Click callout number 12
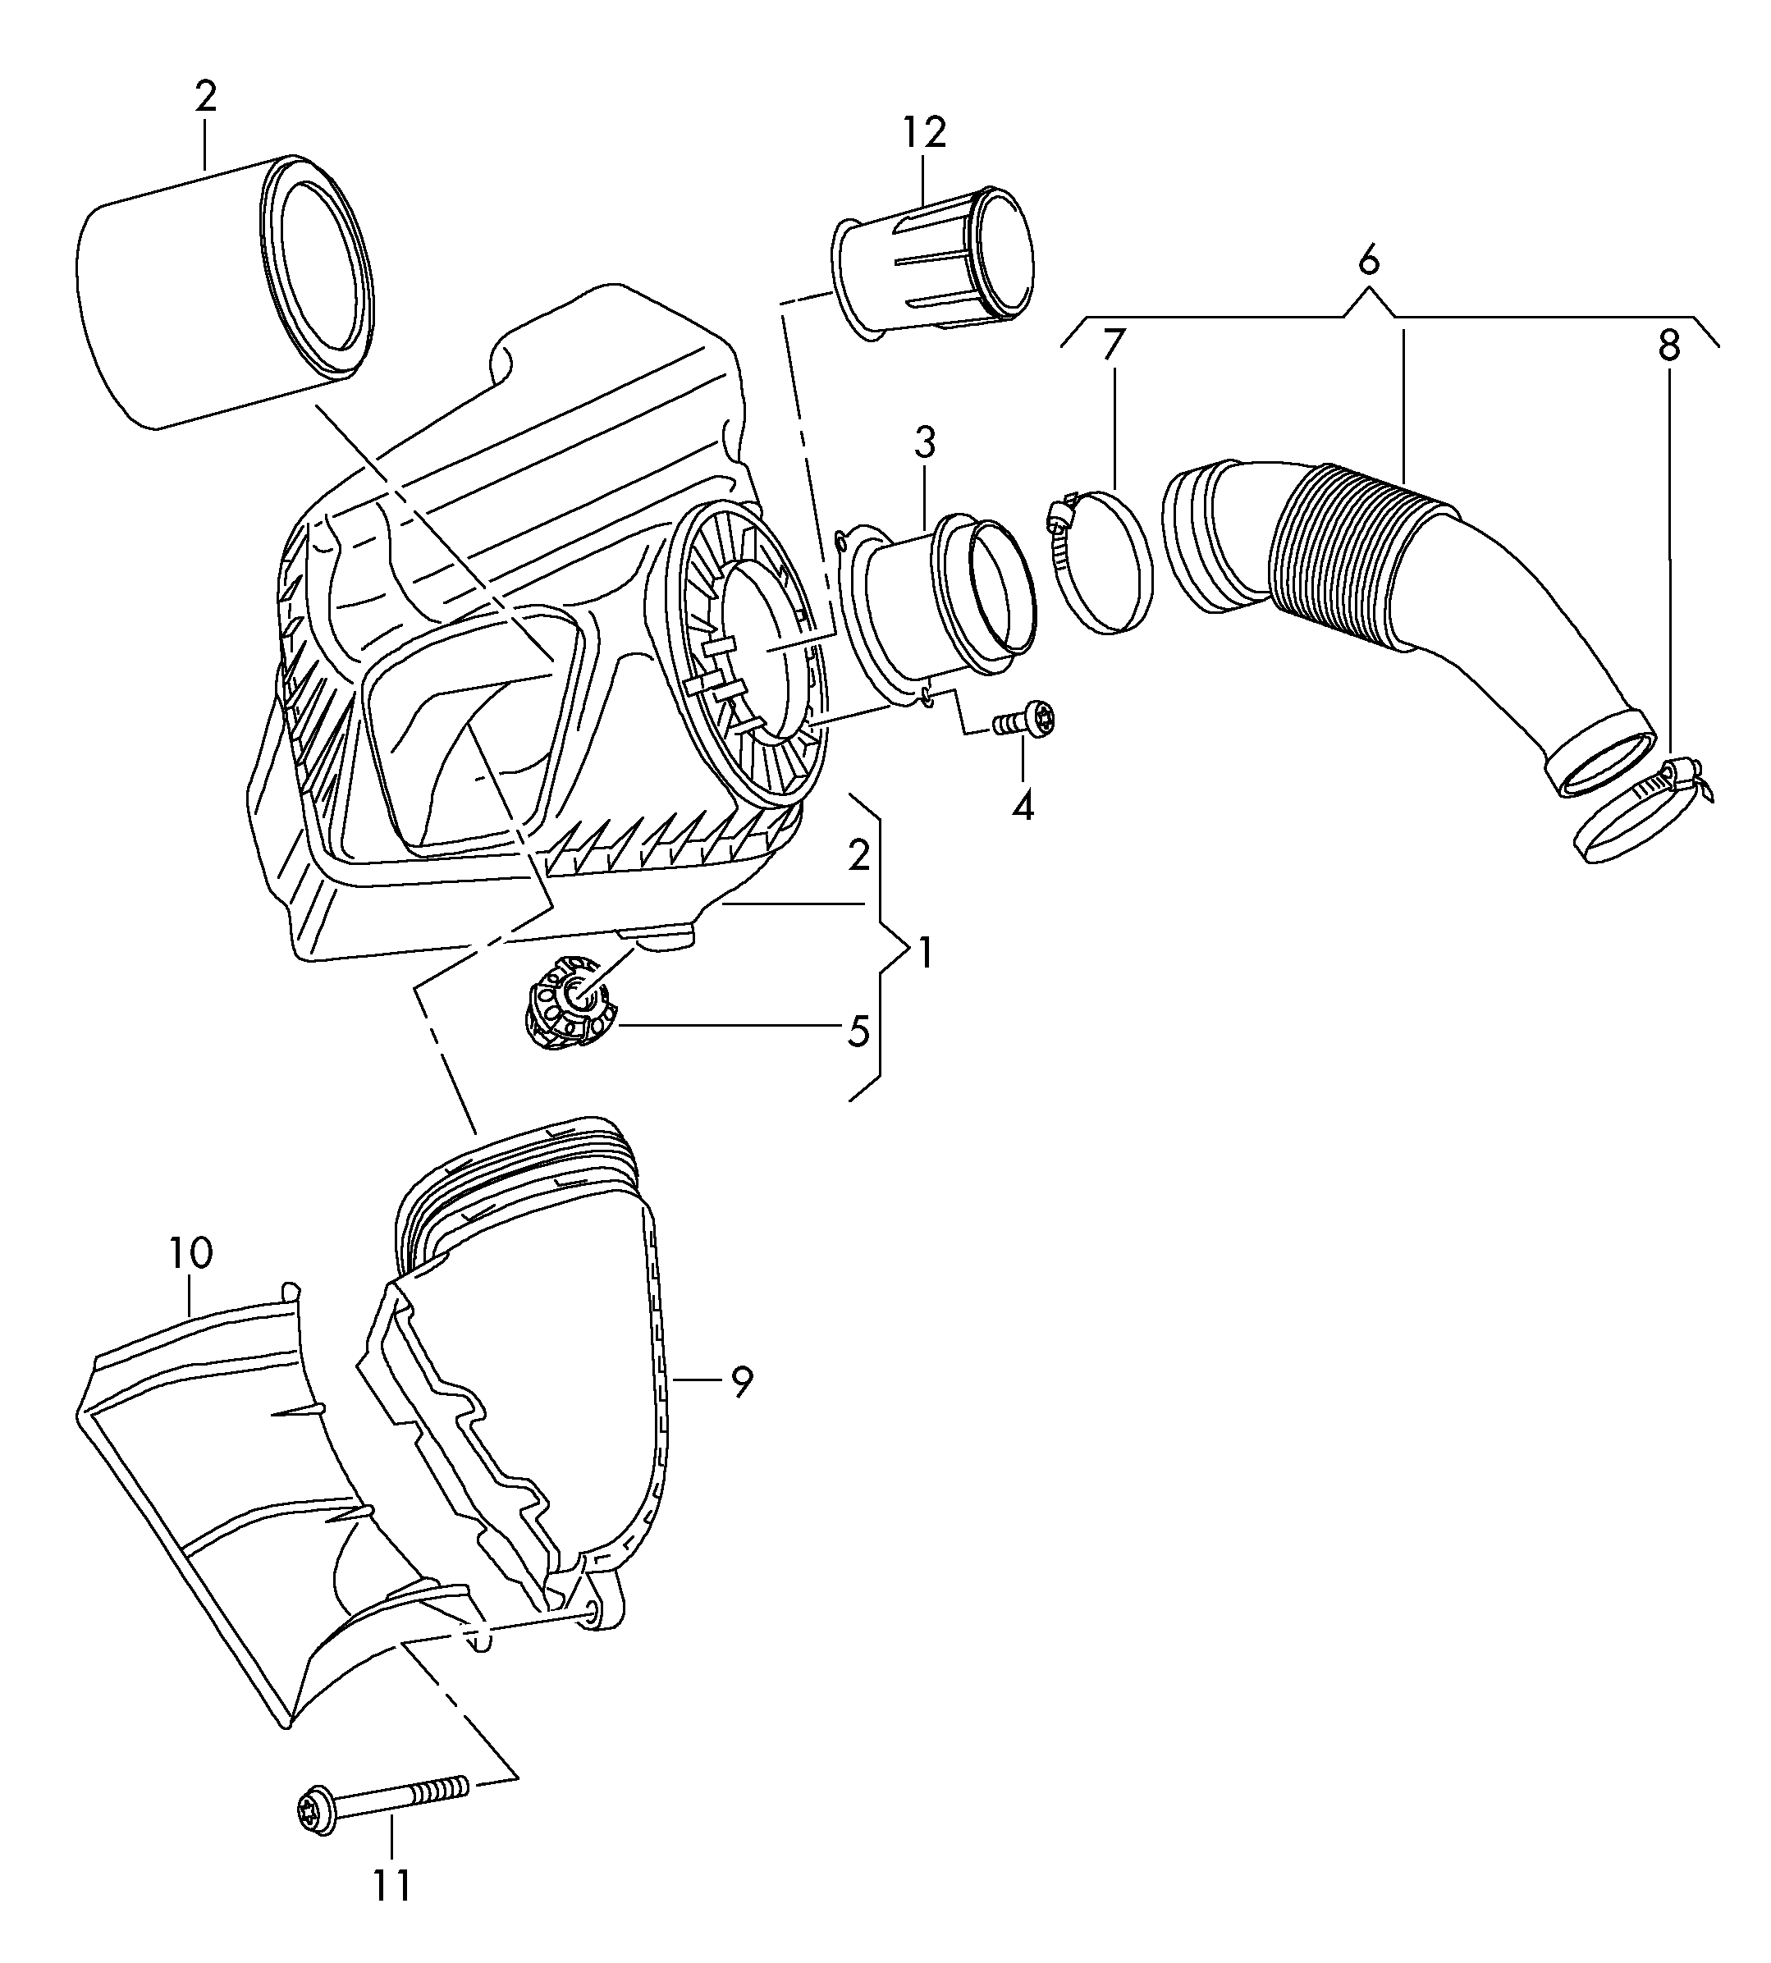[923, 132]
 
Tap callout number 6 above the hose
[1368, 261]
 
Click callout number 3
[924, 443]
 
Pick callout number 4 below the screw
[1022, 806]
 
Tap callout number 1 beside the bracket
[924, 953]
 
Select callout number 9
[742, 1381]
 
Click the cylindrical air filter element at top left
[224, 292]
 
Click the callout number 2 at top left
[205, 98]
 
